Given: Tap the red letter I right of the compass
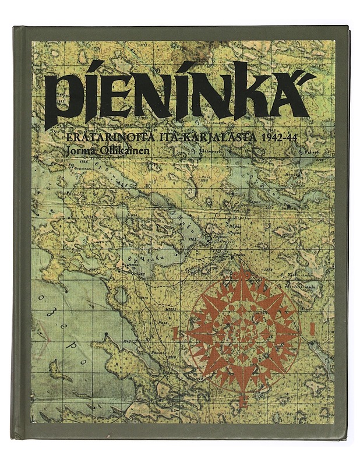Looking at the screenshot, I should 312,329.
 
